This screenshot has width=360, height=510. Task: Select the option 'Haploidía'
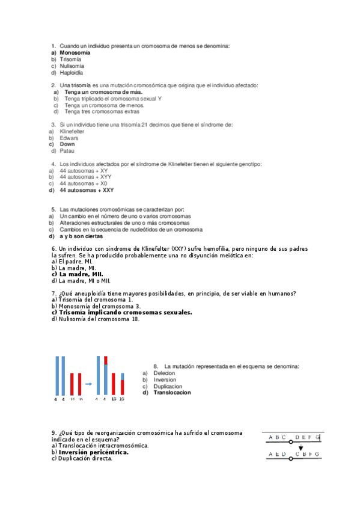(71, 73)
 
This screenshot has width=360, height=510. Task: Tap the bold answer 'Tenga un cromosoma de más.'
(103, 93)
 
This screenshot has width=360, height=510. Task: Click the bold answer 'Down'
(67, 144)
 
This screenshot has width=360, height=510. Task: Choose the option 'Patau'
(67, 151)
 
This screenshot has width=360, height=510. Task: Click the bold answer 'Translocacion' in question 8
(172, 393)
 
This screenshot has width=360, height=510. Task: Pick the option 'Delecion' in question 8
(164, 373)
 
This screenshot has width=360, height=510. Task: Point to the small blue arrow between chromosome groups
(88, 383)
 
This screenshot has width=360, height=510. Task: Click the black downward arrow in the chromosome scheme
(301, 448)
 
